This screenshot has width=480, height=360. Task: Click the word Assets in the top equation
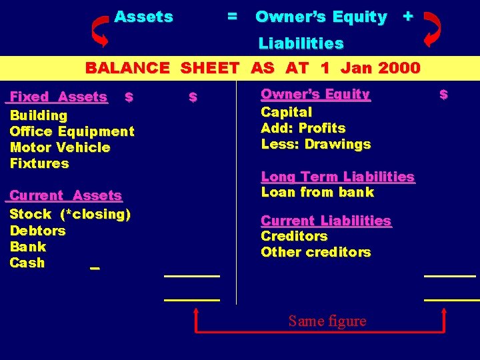(143, 17)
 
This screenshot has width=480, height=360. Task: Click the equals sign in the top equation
(231, 17)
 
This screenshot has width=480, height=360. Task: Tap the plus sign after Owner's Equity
(407, 17)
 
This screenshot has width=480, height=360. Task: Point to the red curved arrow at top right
(432, 29)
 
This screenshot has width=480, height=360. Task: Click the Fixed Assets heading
(58, 97)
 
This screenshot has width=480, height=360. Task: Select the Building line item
(38, 115)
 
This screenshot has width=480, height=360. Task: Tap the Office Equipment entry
(72, 131)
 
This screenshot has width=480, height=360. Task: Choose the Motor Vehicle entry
(60, 147)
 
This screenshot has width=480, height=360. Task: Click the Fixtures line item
(39, 163)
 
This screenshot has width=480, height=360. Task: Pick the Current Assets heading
(65, 195)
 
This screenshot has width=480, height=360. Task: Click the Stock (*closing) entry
(70, 214)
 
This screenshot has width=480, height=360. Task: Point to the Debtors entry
(37, 231)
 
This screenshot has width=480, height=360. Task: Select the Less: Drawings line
(315, 144)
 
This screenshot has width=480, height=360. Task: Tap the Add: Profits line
(303, 128)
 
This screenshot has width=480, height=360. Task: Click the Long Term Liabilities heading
(337, 177)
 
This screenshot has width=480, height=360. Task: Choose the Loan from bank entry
(317, 192)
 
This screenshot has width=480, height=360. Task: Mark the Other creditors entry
(315, 252)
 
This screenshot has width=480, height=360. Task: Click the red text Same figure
(327, 321)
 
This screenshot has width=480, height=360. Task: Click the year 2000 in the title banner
(398, 67)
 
